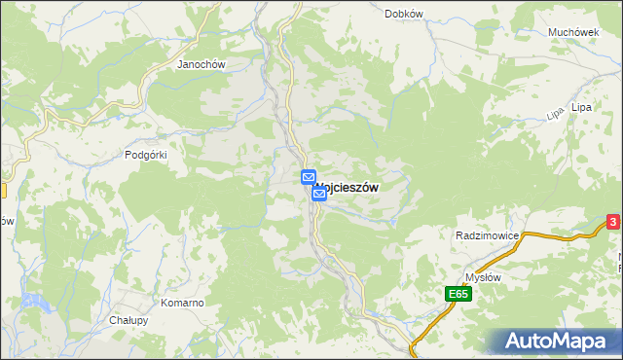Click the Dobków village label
point(403,14)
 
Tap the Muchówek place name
point(572,32)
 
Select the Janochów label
point(201,65)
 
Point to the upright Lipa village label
point(582,106)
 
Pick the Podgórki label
point(148,155)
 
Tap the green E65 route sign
point(459,294)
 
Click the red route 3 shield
point(613,223)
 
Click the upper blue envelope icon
point(308,178)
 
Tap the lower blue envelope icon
point(319,194)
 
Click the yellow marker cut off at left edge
point(3,191)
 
